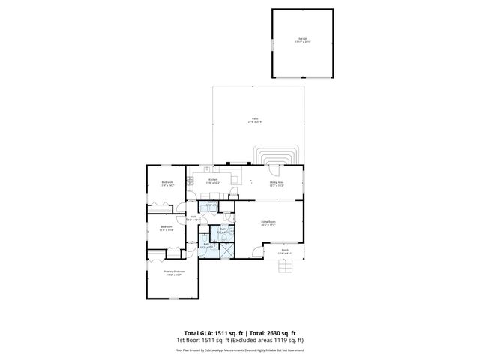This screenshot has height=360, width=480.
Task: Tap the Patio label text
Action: click(x=255, y=121)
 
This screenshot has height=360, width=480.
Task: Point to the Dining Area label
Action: click(x=276, y=183)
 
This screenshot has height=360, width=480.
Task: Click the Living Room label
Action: click(x=268, y=223)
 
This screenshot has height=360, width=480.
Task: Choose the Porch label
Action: click(x=284, y=252)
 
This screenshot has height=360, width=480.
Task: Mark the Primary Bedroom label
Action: click(x=173, y=274)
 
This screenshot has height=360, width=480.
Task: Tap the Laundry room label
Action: click(x=212, y=204)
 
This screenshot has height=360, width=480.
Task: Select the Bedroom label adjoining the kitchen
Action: click(x=167, y=184)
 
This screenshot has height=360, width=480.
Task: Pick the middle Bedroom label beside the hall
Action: click(x=166, y=227)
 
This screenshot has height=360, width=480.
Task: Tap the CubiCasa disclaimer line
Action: click(x=240, y=349)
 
